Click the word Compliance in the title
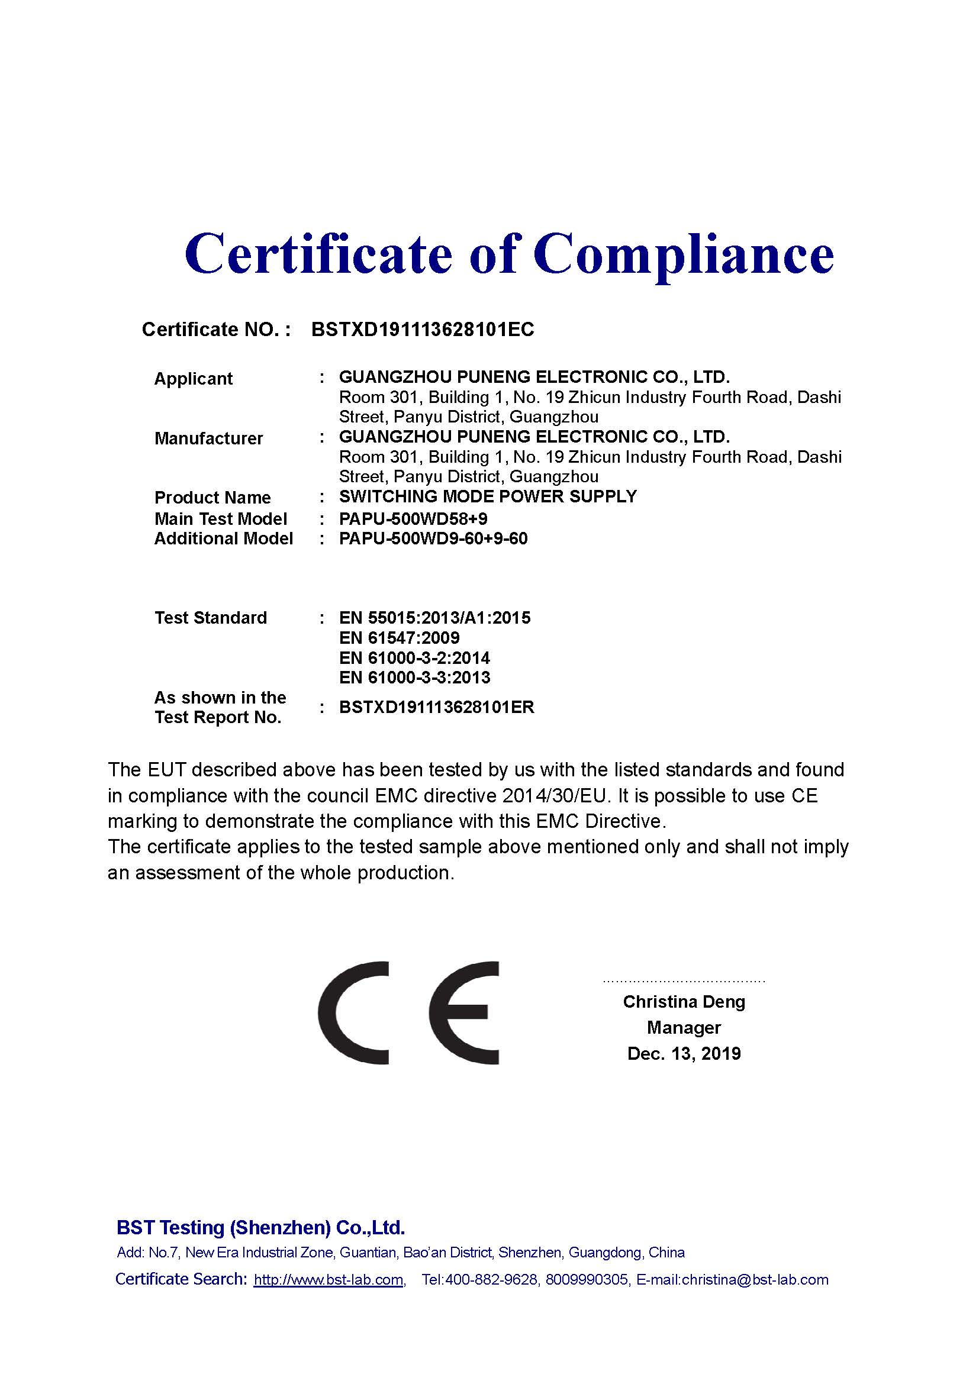tap(683, 254)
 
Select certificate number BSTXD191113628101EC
tap(422, 330)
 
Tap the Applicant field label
tap(193, 379)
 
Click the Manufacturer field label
tap(208, 438)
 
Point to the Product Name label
tap(212, 497)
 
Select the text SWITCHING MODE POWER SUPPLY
tap(488, 496)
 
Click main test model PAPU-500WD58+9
tap(413, 518)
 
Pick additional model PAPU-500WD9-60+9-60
tap(433, 538)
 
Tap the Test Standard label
tap(210, 618)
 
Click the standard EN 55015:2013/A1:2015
tap(434, 618)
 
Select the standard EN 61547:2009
tap(399, 638)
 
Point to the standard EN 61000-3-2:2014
tap(414, 657)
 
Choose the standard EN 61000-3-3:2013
tap(414, 678)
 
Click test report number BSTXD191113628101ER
tap(436, 707)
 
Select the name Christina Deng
tap(684, 1002)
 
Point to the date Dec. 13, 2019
tap(684, 1054)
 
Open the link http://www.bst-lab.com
tap(328, 1280)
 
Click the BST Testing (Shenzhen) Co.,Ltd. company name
tap(260, 1228)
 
